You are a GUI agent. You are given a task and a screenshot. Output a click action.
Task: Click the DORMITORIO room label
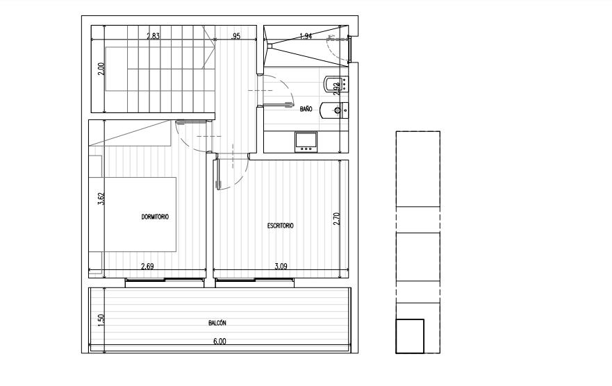pos(155,217)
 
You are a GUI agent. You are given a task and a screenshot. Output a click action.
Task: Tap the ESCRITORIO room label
pos(280,226)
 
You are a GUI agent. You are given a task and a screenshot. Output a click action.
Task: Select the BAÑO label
pos(306,109)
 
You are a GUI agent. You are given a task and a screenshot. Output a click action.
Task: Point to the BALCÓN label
pos(217,323)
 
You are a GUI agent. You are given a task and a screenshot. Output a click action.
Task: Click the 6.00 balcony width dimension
pos(220,342)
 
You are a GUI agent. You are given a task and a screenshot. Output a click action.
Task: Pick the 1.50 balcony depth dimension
pos(101,320)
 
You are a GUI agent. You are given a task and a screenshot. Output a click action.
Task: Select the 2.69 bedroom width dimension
pos(147,267)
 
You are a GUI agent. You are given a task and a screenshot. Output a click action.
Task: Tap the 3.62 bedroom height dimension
pos(101,199)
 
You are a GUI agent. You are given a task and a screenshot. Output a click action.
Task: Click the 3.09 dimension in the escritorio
pos(281,267)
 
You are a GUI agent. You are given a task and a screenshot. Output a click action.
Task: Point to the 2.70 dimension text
pos(336,219)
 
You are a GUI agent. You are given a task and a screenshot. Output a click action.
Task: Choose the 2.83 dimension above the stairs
pos(153,36)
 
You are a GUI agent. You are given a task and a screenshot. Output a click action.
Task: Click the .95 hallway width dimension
pos(235,36)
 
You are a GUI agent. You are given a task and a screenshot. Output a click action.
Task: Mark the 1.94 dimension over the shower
pos(306,36)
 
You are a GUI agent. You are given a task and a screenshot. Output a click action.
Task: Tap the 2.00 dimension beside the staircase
pos(101,69)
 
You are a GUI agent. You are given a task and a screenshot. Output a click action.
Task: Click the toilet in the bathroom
pos(333,110)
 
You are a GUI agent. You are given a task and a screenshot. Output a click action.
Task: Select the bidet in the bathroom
pos(336,84)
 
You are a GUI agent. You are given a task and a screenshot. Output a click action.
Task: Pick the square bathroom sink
pos(306,142)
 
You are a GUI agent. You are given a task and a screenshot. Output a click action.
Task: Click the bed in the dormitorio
pos(133,215)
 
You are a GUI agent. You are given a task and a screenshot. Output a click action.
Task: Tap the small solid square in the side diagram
pos(410,336)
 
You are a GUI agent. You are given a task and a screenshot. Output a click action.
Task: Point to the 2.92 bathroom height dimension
pos(336,89)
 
